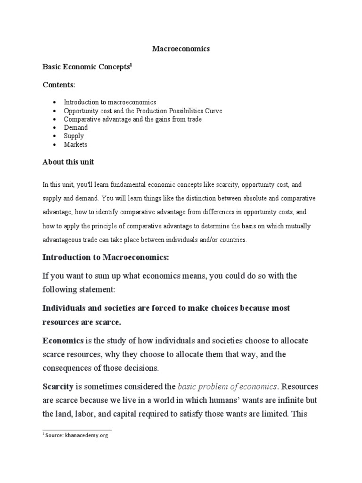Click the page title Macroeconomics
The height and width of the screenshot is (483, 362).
click(181, 49)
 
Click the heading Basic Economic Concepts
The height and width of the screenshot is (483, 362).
click(86, 67)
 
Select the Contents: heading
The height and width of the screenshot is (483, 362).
click(59, 84)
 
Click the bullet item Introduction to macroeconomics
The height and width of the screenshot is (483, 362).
click(110, 102)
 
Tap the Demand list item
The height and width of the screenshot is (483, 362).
click(76, 127)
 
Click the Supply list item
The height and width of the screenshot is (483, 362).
click(74, 136)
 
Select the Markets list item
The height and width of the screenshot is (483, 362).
click(75, 144)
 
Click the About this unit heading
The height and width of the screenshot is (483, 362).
click(68, 162)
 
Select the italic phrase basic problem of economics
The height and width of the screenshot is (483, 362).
click(227, 387)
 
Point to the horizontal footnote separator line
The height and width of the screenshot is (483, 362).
click(77, 429)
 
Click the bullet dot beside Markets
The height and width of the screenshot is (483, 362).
click(55, 145)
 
